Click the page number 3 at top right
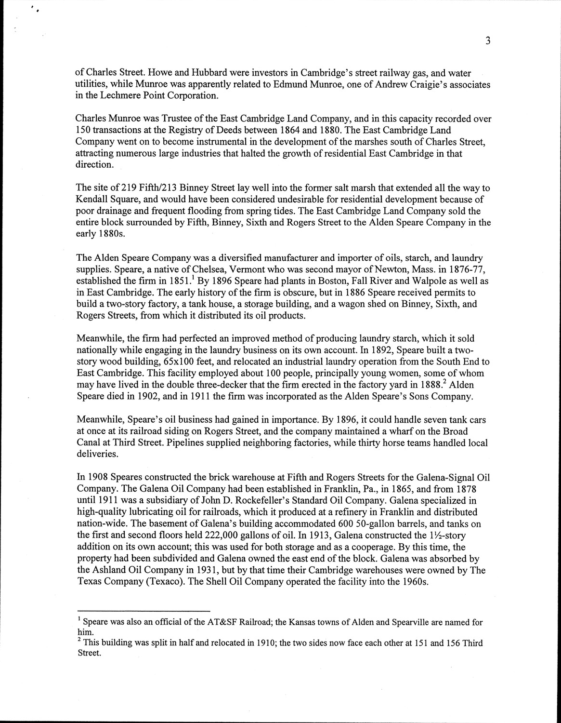coord(488,41)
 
